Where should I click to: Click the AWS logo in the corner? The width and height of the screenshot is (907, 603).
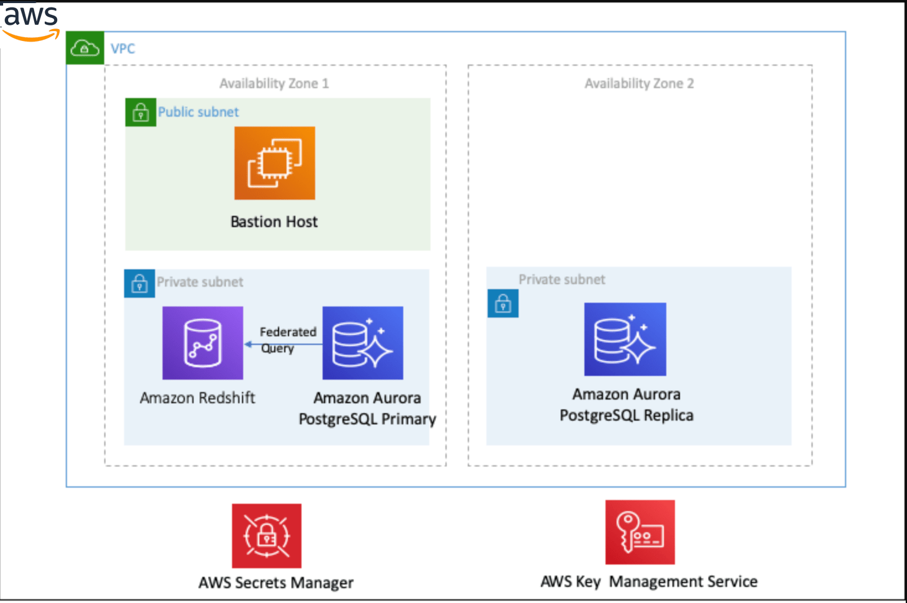pyautogui.click(x=30, y=22)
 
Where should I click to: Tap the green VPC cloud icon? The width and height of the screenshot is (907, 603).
pyautogui.click(x=84, y=48)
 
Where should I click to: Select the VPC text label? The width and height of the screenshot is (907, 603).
pyautogui.click(x=122, y=48)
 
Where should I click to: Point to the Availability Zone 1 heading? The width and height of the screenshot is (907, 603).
pyautogui.click(x=274, y=83)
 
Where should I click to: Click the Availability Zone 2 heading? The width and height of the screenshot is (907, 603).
pyautogui.click(x=639, y=83)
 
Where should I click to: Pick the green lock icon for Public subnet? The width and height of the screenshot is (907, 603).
pyautogui.click(x=140, y=112)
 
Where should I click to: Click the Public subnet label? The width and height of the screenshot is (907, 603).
pyautogui.click(x=198, y=112)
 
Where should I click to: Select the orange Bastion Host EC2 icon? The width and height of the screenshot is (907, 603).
pyautogui.click(x=274, y=163)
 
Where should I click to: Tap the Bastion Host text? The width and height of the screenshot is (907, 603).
pyautogui.click(x=274, y=221)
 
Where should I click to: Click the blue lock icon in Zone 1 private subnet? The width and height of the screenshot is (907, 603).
pyautogui.click(x=140, y=284)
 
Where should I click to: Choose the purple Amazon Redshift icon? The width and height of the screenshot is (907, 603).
pyautogui.click(x=202, y=342)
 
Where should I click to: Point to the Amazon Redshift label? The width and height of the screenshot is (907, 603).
pyautogui.click(x=197, y=398)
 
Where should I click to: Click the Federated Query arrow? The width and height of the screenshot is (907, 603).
pyautogui.click(x=283, y=344)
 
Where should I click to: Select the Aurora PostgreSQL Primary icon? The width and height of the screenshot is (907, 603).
pyautogui.click(x=362, y=342)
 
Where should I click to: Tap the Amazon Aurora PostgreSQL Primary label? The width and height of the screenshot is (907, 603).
pyautogui.click(x=367, y=408)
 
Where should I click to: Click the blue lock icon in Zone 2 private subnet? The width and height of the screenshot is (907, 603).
pyautogui.click(x=503, y=303)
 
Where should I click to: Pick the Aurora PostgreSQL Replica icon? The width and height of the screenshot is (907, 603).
pyautogui.click(x=625, y=339)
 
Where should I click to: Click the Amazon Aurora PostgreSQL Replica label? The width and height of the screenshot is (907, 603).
pyautogui.click(x=626, y=404)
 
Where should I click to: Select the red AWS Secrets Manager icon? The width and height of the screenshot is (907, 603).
pyautogui.click(x=266, y=535)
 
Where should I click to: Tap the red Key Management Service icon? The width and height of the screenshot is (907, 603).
pyautogui.click(x=640, y=532)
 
